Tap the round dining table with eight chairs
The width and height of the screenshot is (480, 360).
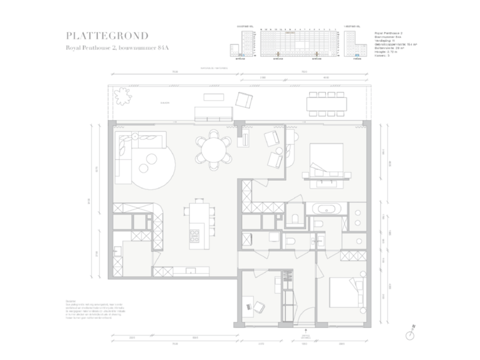[213, 151]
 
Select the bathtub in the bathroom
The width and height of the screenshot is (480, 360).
[327, 208]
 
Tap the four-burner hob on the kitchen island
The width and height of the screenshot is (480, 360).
[196, 235]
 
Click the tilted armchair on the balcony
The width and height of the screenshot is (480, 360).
[245, 101]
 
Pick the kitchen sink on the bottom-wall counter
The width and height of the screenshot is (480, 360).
[189, 270]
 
